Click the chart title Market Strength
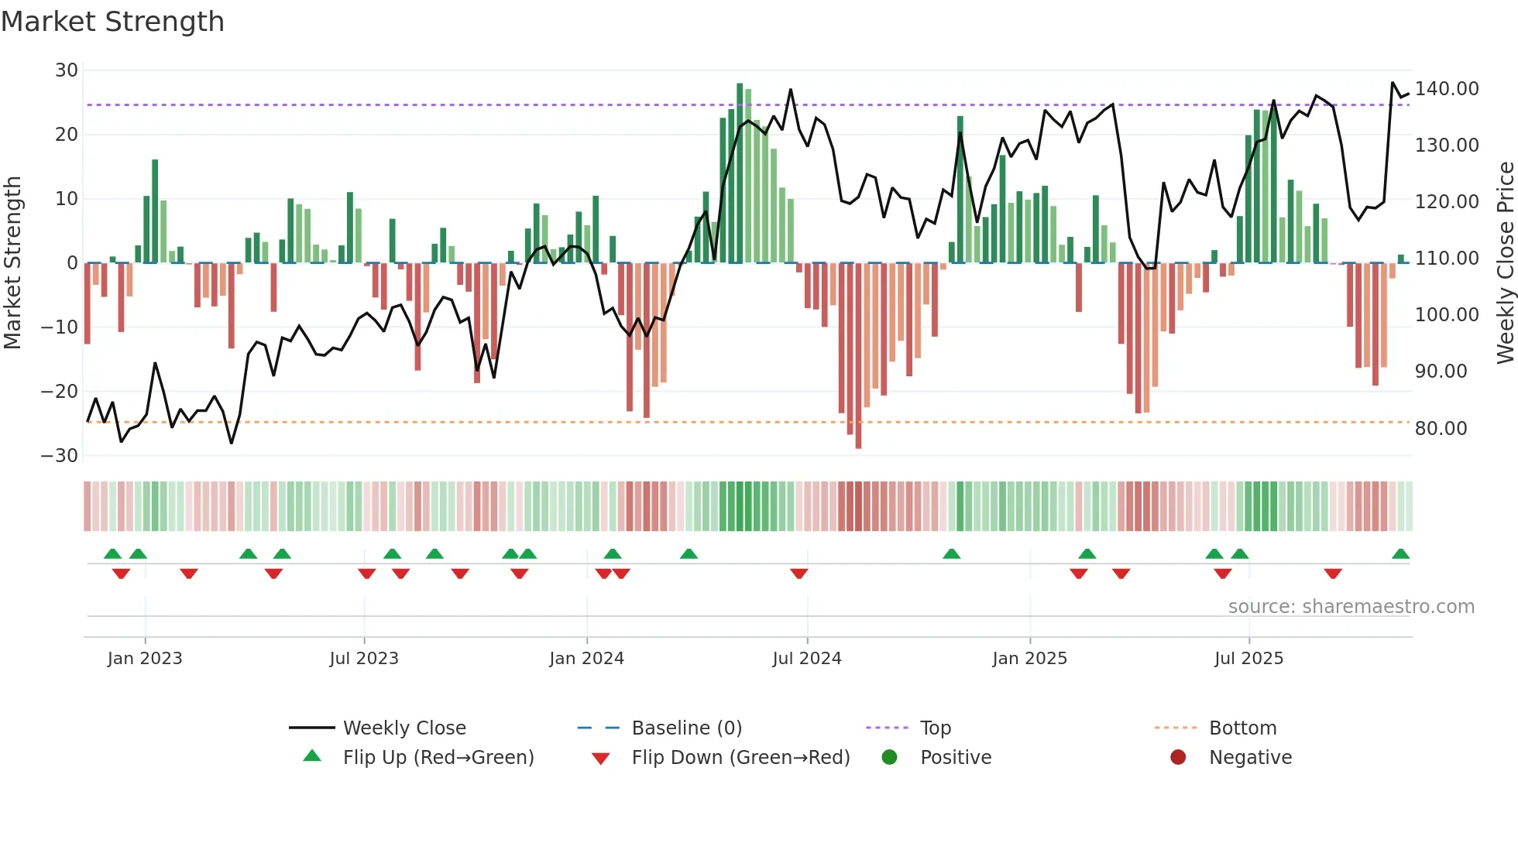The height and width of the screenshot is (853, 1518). (x=112, y=21)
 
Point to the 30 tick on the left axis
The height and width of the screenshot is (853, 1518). (x=67, y=70)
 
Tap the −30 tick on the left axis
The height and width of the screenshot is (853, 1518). (x=60, y=456)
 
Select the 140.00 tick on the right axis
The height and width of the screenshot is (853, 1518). (x=1446, y=89)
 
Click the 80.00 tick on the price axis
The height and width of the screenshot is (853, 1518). (x=1441, y=429)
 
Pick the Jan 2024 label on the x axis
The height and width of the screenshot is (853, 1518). (x=586, y=659)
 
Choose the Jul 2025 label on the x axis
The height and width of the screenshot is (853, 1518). (x=1248, y=659)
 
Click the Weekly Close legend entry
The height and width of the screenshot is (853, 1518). (x=404, y=728)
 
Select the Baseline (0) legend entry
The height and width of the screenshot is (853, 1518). (x=686, y=728)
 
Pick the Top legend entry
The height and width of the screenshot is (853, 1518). (x=935, y=728)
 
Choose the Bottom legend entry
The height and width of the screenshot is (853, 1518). (x=1242, y=728)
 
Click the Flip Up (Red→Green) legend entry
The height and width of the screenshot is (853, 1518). (x=438, y=758)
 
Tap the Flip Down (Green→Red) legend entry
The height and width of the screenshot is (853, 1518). (x=740, y=758)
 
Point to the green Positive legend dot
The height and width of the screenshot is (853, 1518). (x=889, y=758)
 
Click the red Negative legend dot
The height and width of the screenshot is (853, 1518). (x=1178, y=758)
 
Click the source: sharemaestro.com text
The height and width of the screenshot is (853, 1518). (x=1351, y=607)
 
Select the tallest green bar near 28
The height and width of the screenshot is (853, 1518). (x=740, y=173)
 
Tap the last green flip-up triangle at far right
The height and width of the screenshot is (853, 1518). (x=1400, y=554)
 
